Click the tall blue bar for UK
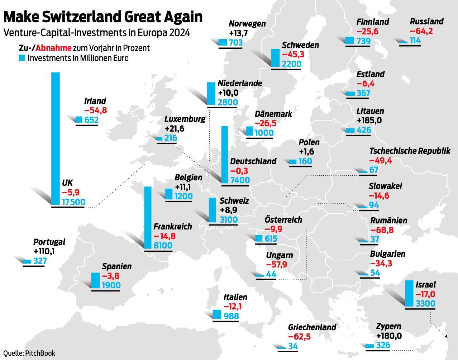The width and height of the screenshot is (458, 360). (56, 138)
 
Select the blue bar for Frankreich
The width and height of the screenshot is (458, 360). (148, 217)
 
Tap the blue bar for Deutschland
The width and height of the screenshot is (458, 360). (225, 155)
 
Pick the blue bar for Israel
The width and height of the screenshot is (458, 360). (409, 294)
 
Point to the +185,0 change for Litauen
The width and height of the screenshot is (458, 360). (369, 120)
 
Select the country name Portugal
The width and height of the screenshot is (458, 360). (49, 242)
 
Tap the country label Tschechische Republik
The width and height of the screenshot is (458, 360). (409, 151)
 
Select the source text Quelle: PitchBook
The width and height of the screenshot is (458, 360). (29, 353)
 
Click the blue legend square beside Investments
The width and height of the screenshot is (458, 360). (22, 58)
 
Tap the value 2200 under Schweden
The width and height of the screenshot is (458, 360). (291, 64)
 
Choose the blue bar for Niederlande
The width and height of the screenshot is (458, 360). (211, 94)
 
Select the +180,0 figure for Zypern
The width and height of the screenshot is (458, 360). (389, 336)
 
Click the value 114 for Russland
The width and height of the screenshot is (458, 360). (415, 41)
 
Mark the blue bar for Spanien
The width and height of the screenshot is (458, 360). (95, 280)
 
